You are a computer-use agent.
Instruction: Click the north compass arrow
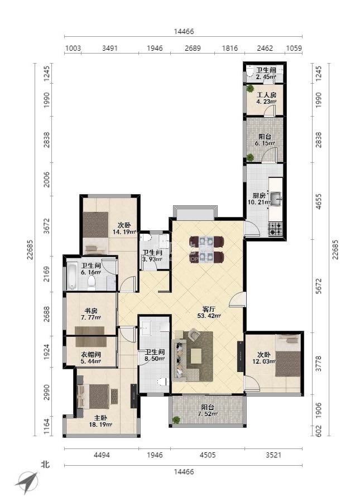27,482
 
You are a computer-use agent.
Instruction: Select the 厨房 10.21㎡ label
259,199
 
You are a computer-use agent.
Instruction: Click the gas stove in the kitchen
275,229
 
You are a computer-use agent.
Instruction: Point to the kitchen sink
275,199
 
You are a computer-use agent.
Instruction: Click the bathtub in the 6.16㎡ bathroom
72,276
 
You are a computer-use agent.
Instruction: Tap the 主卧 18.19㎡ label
100,421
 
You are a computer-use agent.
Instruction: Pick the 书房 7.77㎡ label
91,314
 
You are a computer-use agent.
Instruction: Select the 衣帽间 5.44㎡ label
90,358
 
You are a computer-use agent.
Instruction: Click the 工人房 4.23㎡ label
266,98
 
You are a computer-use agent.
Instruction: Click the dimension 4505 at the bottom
207,455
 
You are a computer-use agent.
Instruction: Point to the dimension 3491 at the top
109,48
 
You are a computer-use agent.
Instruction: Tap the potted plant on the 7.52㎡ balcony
176,419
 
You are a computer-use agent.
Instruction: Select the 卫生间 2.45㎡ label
266,73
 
